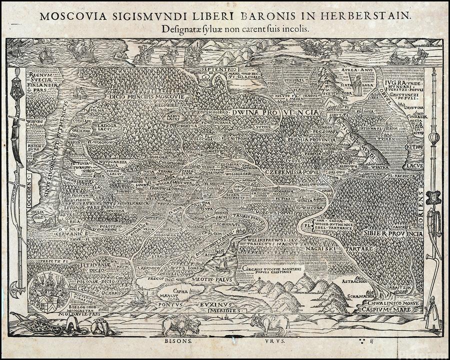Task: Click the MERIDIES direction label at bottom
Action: point(225,310)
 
